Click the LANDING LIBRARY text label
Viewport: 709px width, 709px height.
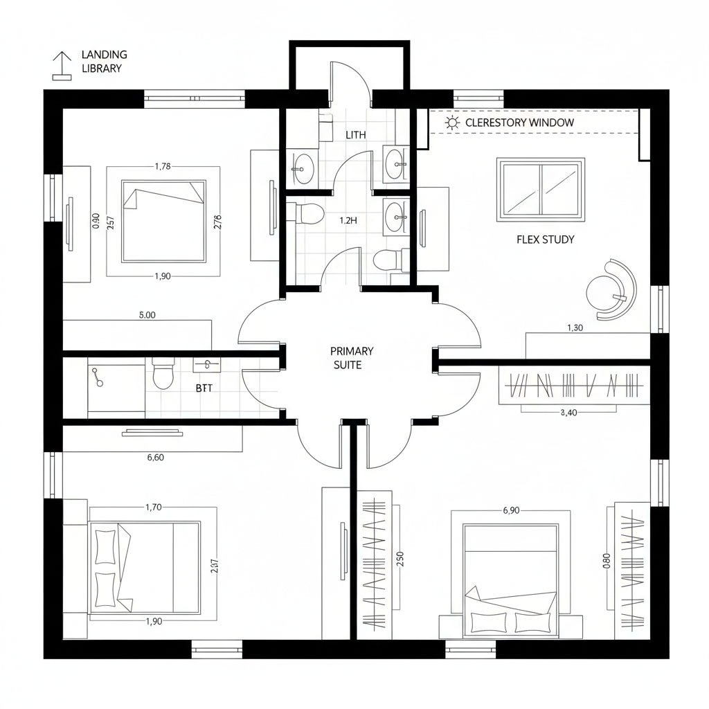(104, 61)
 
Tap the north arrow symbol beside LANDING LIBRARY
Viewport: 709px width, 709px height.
(62, 66)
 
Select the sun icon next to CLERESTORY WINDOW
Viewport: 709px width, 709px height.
(453, 123)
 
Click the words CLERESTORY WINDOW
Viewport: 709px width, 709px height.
(519, 123)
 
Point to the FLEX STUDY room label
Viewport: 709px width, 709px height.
(545, 240)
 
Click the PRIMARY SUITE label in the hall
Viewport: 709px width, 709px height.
(352, 358)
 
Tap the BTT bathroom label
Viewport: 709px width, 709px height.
(204, 388)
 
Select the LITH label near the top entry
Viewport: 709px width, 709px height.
(355, 134)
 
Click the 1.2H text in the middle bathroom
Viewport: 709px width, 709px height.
(348, 221)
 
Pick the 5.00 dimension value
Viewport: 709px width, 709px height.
(147, 314)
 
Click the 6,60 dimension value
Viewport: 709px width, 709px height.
(156, 457)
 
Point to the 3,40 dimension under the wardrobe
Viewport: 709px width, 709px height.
(568, 413)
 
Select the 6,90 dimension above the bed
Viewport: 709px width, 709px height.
(510, 510)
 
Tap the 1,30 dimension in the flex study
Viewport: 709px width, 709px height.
(575, 328)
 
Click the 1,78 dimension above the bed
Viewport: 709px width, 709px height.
(163, 165)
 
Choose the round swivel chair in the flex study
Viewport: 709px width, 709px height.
(611, 289)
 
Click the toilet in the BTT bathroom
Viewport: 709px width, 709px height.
(163, 375)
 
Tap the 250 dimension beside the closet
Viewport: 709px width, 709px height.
(400, 559)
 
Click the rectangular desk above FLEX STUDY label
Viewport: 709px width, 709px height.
(541, 190)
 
